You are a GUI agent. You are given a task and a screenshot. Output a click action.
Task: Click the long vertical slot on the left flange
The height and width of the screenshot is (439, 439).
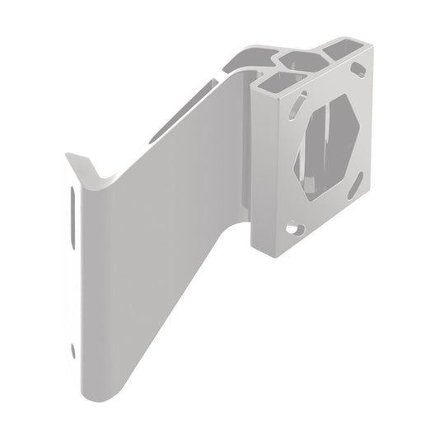click(x=75, y=222)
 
